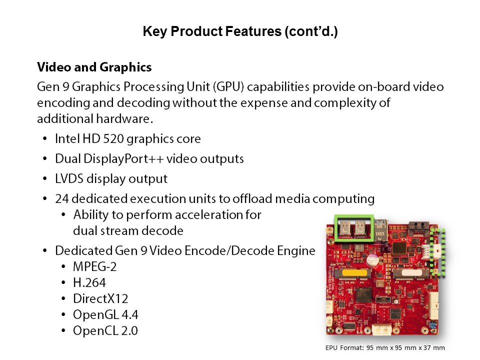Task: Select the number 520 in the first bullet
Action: (113, 138)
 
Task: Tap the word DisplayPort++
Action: (123, 159)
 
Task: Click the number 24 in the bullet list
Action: (62, 198)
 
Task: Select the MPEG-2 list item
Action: (95, 266)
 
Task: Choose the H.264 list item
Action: (89, 282)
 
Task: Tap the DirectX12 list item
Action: (100, 298)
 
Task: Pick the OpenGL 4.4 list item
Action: (105, 314)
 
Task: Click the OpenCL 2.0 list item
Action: (105, 330)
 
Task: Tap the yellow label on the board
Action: (354, 272)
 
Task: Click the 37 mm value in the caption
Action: (434, 348)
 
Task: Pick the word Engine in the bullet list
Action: (296, 251)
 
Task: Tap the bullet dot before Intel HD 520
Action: (45, 138)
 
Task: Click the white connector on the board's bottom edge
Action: (381, 330)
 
